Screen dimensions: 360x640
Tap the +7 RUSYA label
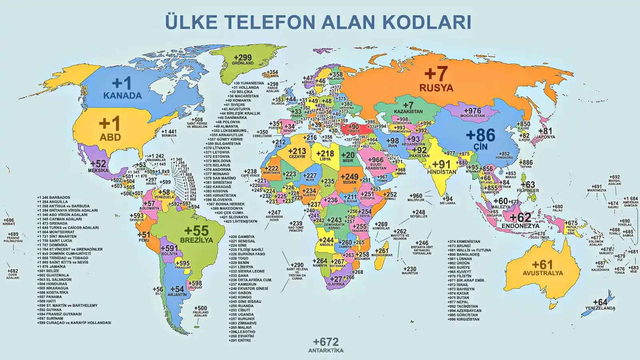(436, 79)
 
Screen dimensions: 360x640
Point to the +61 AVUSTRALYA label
(542, 268)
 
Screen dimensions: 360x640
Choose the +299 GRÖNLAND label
(243, 60)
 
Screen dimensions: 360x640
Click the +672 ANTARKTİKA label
(326, 345)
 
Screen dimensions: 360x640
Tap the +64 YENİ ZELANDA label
(600, 305)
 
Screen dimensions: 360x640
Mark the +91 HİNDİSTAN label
(442, 167)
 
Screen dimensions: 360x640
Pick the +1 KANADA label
(122, 88)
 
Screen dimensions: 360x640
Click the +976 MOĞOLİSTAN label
(472, 113)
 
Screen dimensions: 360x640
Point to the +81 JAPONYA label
(546, 133)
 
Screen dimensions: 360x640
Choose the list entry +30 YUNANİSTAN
(249, 83)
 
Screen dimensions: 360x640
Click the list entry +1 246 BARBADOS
(54, 197)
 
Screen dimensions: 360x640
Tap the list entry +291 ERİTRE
(240, 340)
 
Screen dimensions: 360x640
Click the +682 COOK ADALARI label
(13, 274)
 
